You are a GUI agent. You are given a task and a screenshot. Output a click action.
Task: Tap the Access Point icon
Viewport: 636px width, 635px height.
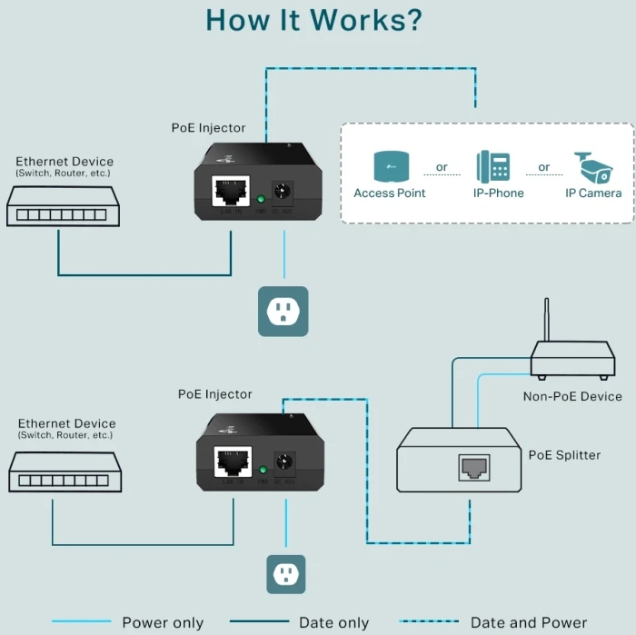(390, 166)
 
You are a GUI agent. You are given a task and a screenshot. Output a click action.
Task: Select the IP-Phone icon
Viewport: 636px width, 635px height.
(492, 166)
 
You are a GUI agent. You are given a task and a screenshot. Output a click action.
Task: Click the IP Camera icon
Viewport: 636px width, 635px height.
(593, 167)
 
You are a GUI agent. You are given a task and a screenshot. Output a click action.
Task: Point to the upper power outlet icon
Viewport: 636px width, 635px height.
(283, 312)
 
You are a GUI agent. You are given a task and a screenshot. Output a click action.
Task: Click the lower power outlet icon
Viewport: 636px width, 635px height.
(286, 573)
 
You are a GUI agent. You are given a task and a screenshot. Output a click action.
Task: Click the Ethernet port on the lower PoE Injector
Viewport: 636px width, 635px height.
(234, 462)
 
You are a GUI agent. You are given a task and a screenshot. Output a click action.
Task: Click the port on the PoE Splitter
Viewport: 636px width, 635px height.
(473, 467)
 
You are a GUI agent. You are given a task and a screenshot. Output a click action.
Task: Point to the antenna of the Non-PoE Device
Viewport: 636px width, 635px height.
(546, 319)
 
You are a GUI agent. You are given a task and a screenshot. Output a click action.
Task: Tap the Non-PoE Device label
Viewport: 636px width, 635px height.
(572, 396)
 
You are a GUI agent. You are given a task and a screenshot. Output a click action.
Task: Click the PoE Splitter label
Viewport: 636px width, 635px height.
(564, 455)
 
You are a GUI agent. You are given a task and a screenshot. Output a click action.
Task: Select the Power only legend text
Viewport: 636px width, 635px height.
(163, 622)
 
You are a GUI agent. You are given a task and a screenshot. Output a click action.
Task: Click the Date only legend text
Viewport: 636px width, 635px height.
(334, 622)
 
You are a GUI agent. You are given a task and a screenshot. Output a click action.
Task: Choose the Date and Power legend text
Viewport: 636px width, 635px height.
(529, 622)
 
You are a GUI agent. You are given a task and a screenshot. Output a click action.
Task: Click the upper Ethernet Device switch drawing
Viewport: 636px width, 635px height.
(64, 206)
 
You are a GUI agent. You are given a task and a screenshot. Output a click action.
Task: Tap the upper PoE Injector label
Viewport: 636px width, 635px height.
(208, 128)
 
